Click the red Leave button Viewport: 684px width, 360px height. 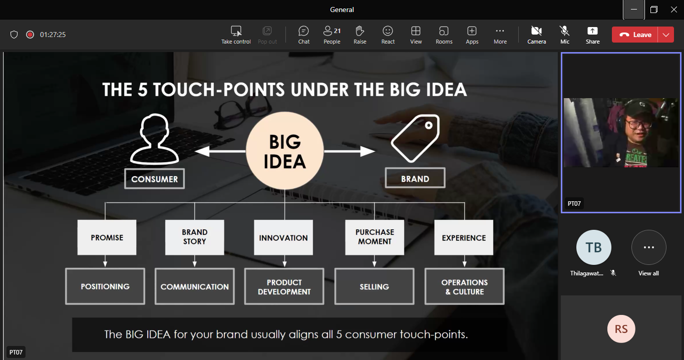point(635,35)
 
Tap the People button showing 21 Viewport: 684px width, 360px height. point(332,35)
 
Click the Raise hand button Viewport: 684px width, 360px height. point(360,35)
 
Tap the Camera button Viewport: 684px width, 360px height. point(536,35)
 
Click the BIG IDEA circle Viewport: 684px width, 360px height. point(284,151)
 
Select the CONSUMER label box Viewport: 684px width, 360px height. point(155,179)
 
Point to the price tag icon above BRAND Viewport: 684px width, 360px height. point(416,138)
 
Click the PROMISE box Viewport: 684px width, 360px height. point(107,237)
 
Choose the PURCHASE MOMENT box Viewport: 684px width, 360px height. point(375,237)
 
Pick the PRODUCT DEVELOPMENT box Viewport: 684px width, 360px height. point(284,286)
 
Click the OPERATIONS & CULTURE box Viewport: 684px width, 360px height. point(465,286)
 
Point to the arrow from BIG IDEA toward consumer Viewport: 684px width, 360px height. point(220,151)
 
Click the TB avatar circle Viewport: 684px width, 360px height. point(593,247)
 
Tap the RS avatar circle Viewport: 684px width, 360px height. point(621,329)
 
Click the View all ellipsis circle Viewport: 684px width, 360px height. point(648,247)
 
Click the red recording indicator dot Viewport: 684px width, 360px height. point(30,35)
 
